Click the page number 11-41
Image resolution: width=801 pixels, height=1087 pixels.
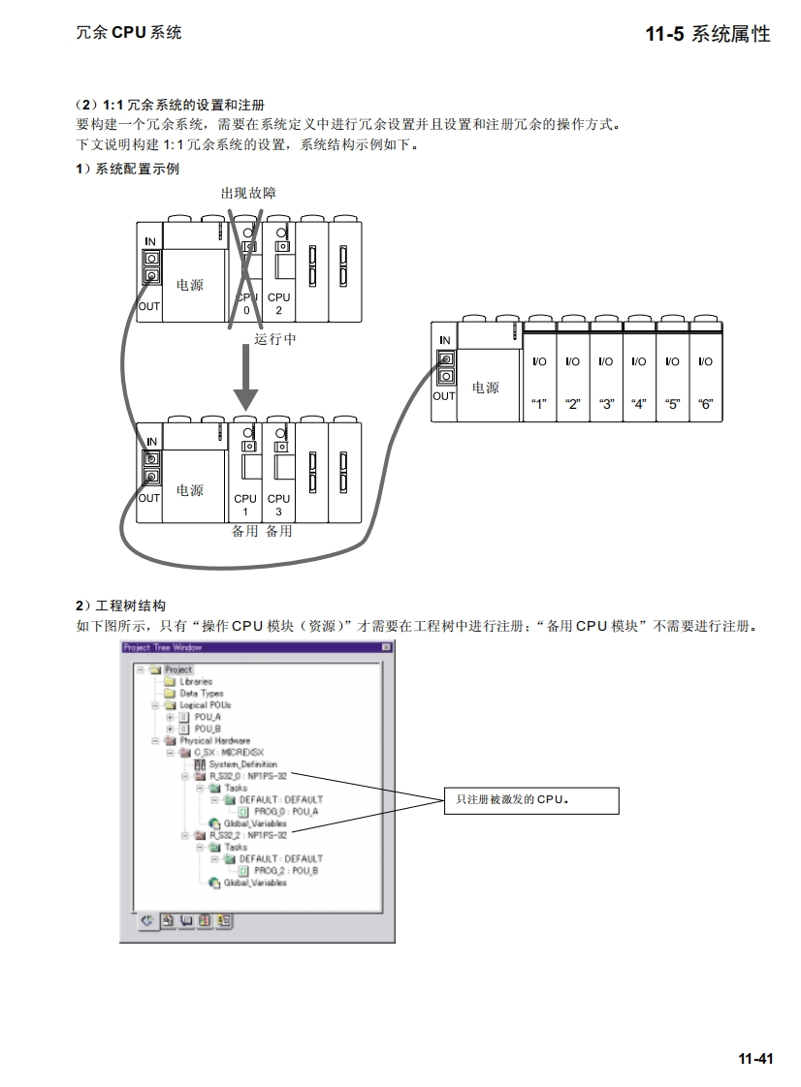(755, 1059)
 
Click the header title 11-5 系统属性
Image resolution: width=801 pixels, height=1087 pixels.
(708, 34)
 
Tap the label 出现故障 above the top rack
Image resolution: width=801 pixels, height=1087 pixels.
(248, 194)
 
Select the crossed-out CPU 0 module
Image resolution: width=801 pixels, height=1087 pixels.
(246, 276)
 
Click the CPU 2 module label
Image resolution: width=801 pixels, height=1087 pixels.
(278, 303)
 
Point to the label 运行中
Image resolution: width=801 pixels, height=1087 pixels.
(275, 339)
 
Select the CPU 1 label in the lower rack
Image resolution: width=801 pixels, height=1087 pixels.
(245, 504)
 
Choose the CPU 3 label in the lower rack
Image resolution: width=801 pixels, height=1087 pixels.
(278, 504)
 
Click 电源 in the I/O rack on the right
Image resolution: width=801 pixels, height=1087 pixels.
(486, 388)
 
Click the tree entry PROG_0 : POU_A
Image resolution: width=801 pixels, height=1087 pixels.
(286, 811)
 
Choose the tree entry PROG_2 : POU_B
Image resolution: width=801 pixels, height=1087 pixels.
(286, 870)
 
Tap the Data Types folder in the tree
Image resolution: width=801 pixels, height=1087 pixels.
(201, 694)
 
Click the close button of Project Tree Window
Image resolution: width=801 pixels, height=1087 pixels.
(386, 646)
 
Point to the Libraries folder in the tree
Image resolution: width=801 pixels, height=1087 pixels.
(196, 682)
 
